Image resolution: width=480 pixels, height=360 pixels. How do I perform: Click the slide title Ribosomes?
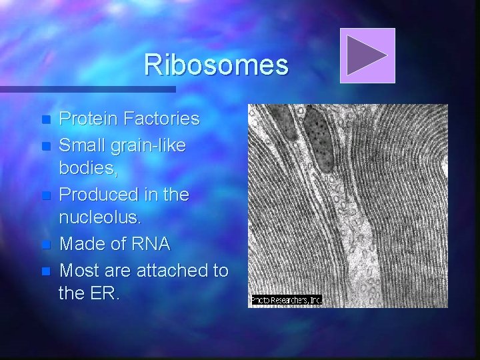[216, 65]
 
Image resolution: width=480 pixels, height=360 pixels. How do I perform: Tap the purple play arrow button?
[367, 56]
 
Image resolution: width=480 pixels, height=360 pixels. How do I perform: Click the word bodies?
[87, 169]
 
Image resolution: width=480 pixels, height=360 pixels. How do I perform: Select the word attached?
[171, 271]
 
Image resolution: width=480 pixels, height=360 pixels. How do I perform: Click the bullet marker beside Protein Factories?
[45, 120]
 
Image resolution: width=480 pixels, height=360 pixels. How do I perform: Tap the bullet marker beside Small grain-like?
[45, 145]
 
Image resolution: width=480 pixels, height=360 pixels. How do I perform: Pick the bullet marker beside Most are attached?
[45, 271]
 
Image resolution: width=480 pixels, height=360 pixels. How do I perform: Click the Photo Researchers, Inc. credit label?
[286, 301]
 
